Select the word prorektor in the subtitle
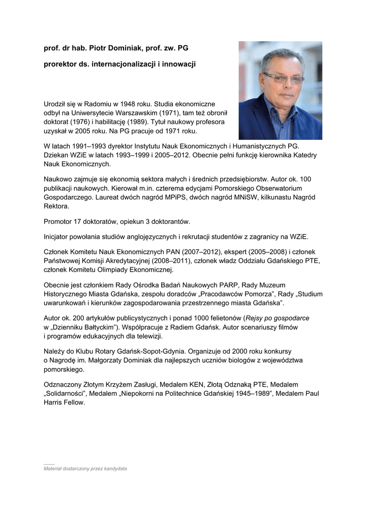click(x=60, y=65)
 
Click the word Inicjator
click(x=58, y=237)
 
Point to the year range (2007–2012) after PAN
click(x=194, y=251)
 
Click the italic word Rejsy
click(x=256, y=318)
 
